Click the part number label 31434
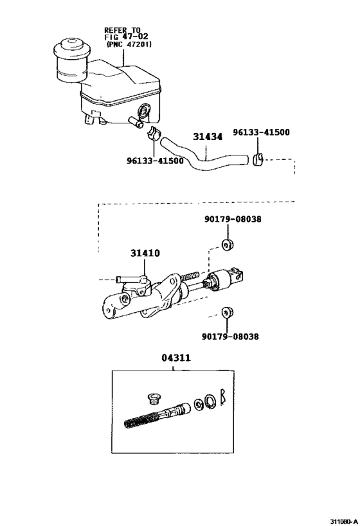point(208,136)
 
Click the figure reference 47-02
point(132,37)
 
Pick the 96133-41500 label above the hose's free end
point(262,133)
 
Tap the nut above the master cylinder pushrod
point(226,244)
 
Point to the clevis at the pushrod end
point(237,275)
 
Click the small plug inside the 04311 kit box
point(153,396)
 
